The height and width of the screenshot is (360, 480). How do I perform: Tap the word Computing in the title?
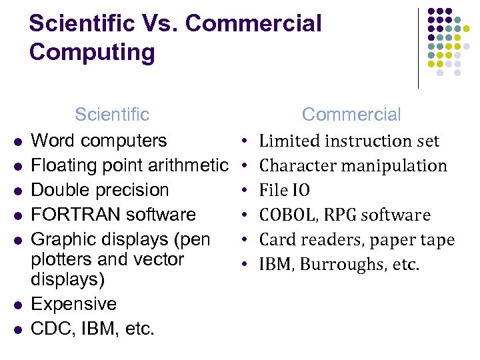click(x=92, y=53)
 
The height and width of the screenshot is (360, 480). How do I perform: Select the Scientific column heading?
click(x=112, y=115)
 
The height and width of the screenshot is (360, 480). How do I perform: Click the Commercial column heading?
click(x=351, y=115)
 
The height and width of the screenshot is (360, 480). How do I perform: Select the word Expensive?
click(x=74, y=304)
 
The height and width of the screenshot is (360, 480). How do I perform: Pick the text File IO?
click(x=285, y=191)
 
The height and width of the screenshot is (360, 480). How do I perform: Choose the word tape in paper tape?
click(x=439, y=240)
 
